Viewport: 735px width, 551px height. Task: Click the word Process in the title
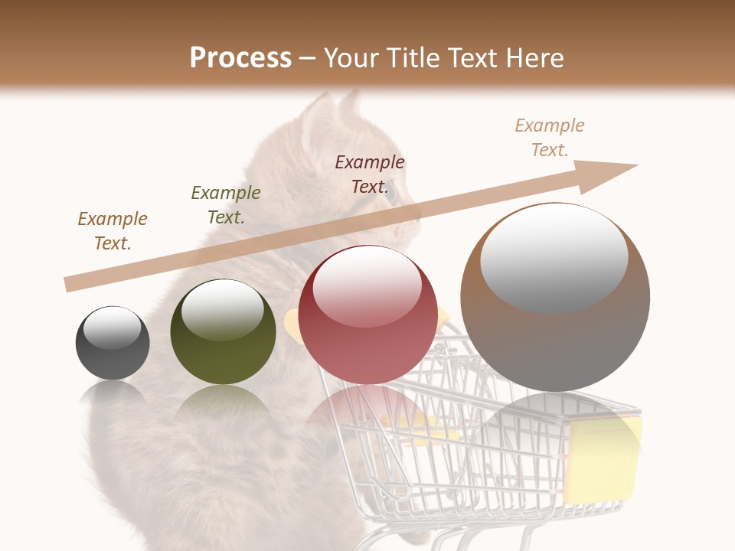[240, 58]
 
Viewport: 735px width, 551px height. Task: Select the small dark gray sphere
[113, 344]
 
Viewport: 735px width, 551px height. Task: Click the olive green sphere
[223, 333]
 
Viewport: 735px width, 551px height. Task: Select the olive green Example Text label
[226, 205]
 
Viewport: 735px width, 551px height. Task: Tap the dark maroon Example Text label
[370, 174]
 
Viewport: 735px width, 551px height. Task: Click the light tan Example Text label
[550, 138]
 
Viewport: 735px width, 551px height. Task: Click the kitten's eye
[390, 193]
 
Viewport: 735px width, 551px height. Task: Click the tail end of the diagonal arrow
[70, 285]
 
